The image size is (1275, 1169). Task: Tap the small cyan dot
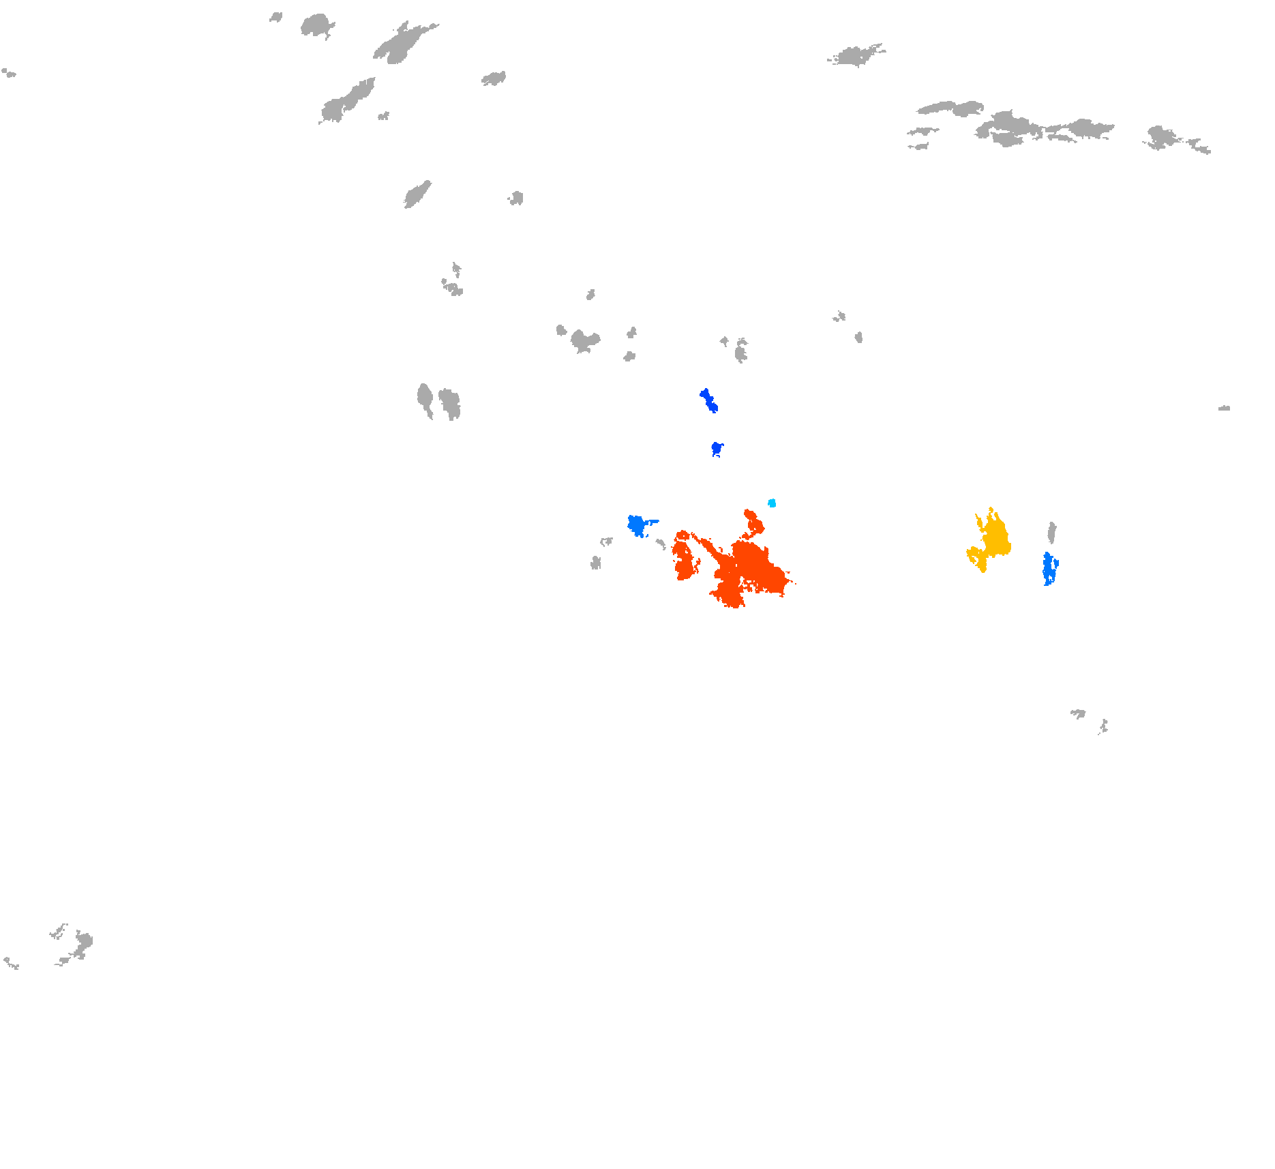tap(772, 503)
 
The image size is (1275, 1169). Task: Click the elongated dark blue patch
tap(708, 400)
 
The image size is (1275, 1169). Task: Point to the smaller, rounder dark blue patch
tap(717, 448)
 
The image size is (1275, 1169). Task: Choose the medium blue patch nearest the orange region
tap(637, 525)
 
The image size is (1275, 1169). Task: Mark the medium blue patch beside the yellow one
tap(1048, 569)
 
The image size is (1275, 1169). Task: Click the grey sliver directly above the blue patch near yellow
tap(1052, 532)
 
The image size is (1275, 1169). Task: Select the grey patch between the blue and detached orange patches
tap(661, 544)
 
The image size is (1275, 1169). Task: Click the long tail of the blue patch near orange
tap(652, 522)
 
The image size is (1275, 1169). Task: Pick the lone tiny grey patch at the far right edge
tap(1225, 408)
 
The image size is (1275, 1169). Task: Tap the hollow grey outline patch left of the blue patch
tap(605, 542)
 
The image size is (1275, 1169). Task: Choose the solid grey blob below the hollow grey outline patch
tap(596, 563)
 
